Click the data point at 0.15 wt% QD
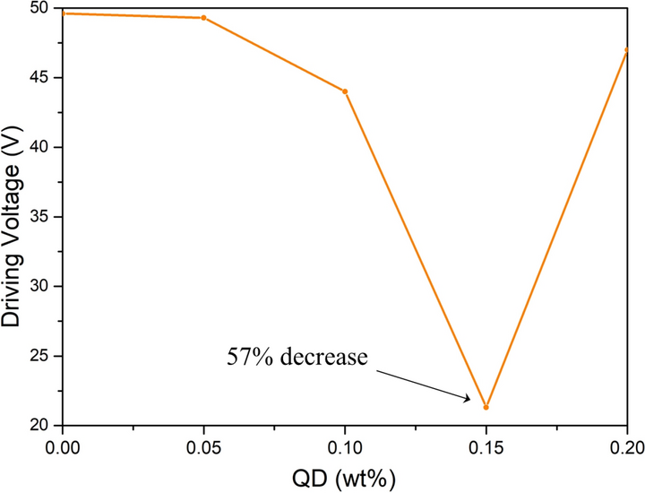486,407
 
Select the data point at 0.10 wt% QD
345,91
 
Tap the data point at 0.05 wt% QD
203,18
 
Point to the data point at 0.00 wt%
64,13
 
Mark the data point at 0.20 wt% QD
626,50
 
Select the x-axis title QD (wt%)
344,473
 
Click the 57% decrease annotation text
297,358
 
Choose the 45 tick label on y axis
39,78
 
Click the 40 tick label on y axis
39,147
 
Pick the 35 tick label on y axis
39,217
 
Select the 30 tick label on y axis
39,286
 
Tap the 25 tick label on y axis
39,356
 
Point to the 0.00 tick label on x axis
63,445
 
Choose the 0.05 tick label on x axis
203,445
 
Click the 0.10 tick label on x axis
345,445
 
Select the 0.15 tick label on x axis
486,445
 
